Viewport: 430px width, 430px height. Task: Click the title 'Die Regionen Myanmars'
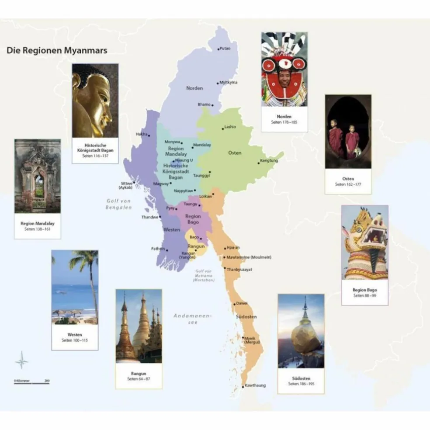click(57, 50)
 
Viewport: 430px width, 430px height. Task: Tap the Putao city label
click(225, 49)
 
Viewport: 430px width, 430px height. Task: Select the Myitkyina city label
click(228, 82)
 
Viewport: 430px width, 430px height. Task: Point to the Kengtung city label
click(269, 161)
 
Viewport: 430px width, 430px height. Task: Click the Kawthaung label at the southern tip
click(255, 385)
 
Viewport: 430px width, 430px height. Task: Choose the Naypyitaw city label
click(184, 191)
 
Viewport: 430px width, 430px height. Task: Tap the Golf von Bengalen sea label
click(118, 204)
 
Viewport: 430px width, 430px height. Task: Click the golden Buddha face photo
click(95, 101)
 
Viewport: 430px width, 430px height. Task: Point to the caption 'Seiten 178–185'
click(284, 122)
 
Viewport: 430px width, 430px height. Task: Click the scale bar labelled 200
click(32, 381)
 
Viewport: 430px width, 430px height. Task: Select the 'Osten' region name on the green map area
click(235, 153)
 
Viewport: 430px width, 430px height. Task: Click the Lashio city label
click(230, 127)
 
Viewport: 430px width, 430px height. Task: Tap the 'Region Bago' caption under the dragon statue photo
click(364, 290)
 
